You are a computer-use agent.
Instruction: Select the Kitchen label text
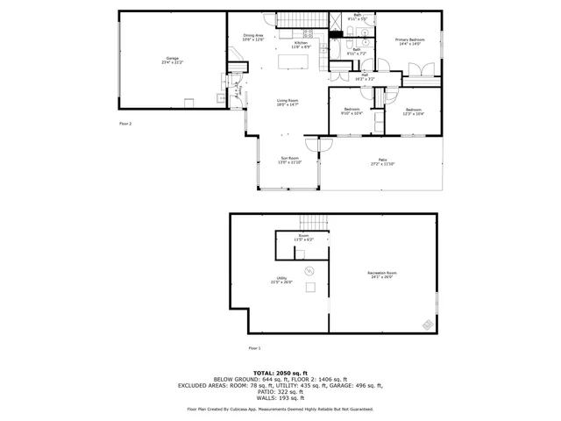point(301,44)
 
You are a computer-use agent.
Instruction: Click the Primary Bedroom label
point(408,41)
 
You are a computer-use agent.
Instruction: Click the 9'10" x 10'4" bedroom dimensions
point(352,113)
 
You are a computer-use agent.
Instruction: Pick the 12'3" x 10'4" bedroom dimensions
point(414,113)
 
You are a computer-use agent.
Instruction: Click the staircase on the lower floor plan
point(308,222)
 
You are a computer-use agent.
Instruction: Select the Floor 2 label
point(125,124)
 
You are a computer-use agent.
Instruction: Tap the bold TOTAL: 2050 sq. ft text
point(280,372)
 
